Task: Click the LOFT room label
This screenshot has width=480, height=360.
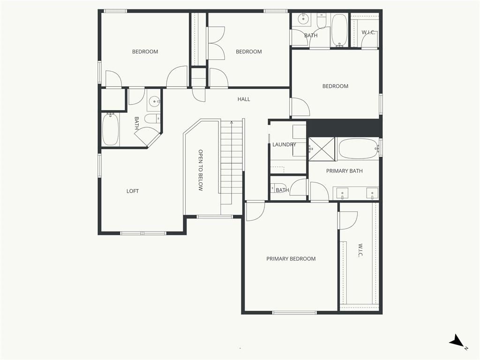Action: pyautogui.click(x=133, y=191)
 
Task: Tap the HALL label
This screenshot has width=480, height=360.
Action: pyautogui.click(x=244, y=99)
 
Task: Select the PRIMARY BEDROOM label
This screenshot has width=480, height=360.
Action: pyautogui.click(x=291, y=259)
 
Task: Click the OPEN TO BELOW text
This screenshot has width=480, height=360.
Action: pyautogui.click(x=201, y=170)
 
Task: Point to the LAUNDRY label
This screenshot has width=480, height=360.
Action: pyautogui.click(x=284, y=144)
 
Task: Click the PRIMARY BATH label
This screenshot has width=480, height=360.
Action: pyautogui.click(x=345, y=171)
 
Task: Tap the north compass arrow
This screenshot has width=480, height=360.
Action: pyautogui.click(x=457, y=340)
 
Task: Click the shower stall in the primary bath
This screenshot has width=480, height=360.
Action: pyautogui.click(x=322, y=149)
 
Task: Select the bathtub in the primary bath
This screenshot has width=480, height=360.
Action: pyautogui.click(x=358, y=149)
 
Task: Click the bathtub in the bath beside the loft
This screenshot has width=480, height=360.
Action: pyautogui.click(x=110, y=129)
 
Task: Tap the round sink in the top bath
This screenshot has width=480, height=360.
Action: pyautogui.click(x=303, y=19)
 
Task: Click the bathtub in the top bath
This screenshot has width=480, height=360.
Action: pyautogui.click(x=339, y=30)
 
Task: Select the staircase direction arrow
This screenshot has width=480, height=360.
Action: pyautogui.click(x=232, y=123)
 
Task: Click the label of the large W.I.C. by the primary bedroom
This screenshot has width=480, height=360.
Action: pyautogui.click(x=360, y=250)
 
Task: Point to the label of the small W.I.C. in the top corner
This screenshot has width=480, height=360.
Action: pyautogui.click(x=368, y=32)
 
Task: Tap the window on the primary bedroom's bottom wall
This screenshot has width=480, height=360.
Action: pyautogui.click(x=294, y=313)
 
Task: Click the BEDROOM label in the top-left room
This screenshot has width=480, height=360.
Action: pyautogui.click(x=145, y=52)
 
